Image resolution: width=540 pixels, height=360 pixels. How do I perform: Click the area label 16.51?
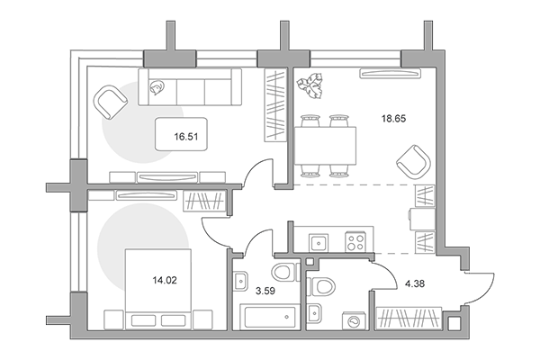(186, 137)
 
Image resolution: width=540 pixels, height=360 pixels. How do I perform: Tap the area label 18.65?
(393, 119)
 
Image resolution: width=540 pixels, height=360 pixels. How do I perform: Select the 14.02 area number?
(165, 280)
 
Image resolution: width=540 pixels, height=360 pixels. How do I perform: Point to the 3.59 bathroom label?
(265, 291)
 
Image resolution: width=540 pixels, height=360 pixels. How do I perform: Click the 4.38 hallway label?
(415, 283)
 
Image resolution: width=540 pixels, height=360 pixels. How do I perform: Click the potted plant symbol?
(310, 85)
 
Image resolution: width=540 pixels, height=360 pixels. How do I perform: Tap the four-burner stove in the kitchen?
(355, 242)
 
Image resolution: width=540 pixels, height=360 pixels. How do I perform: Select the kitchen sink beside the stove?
(319, 243)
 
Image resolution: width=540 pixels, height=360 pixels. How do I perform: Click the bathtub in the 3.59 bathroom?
(270, 317)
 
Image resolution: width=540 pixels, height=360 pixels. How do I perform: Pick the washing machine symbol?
(354, 321)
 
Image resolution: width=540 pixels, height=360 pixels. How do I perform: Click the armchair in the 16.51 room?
(110, 102)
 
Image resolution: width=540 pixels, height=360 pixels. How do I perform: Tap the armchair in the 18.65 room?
(414, 162)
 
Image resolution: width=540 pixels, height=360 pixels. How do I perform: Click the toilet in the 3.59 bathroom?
(285, 272)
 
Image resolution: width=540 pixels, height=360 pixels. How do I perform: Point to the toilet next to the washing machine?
(321, 286)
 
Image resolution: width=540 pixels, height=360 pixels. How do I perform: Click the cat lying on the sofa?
(157, 86)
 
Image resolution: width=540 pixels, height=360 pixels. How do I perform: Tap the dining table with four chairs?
(325, 146)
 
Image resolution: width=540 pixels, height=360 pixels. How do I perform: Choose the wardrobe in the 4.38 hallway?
(409, 317)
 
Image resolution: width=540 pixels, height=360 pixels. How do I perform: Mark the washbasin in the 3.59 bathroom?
(240, 281)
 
